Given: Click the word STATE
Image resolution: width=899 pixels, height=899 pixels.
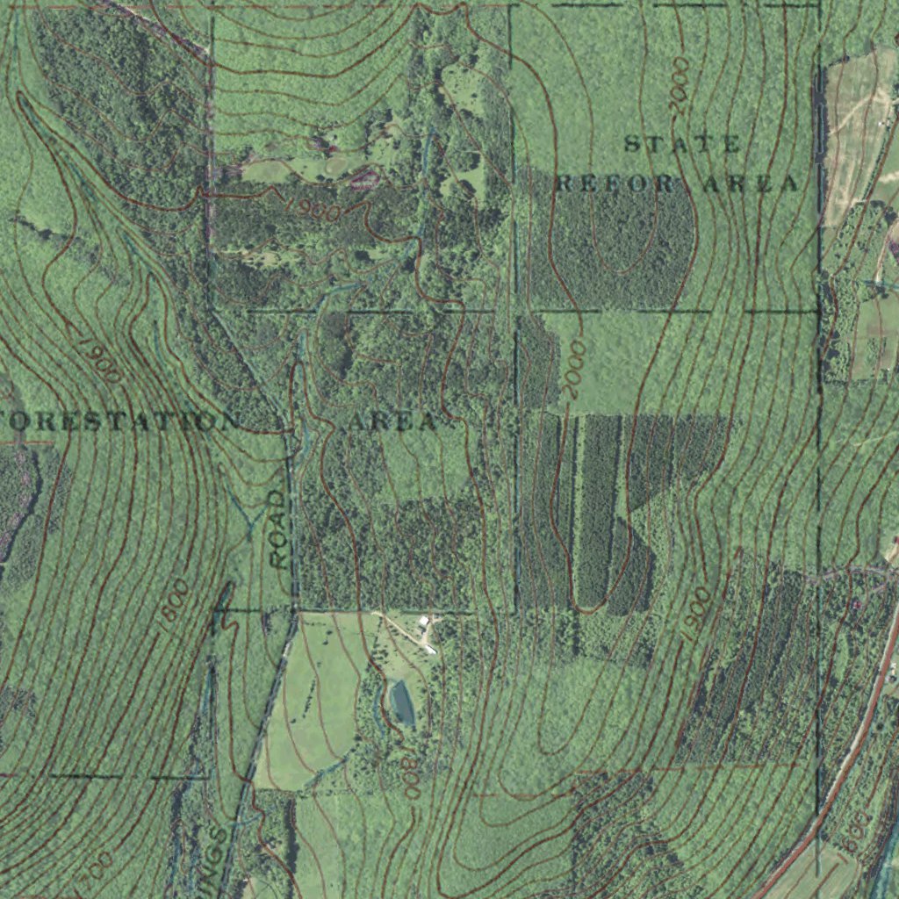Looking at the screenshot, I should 682,145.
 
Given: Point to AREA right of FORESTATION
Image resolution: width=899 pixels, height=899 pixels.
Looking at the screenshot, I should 392,421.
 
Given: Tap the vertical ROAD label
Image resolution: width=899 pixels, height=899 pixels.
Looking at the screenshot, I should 278,529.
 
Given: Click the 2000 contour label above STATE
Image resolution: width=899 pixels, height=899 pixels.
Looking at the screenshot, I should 680,86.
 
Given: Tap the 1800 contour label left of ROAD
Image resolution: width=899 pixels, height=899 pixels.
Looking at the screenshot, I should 174,603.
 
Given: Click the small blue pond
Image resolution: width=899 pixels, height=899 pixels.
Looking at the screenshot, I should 402,702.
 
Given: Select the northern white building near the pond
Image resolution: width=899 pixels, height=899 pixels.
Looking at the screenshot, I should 425,622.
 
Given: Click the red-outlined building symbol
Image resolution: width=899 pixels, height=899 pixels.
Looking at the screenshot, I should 363,180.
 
